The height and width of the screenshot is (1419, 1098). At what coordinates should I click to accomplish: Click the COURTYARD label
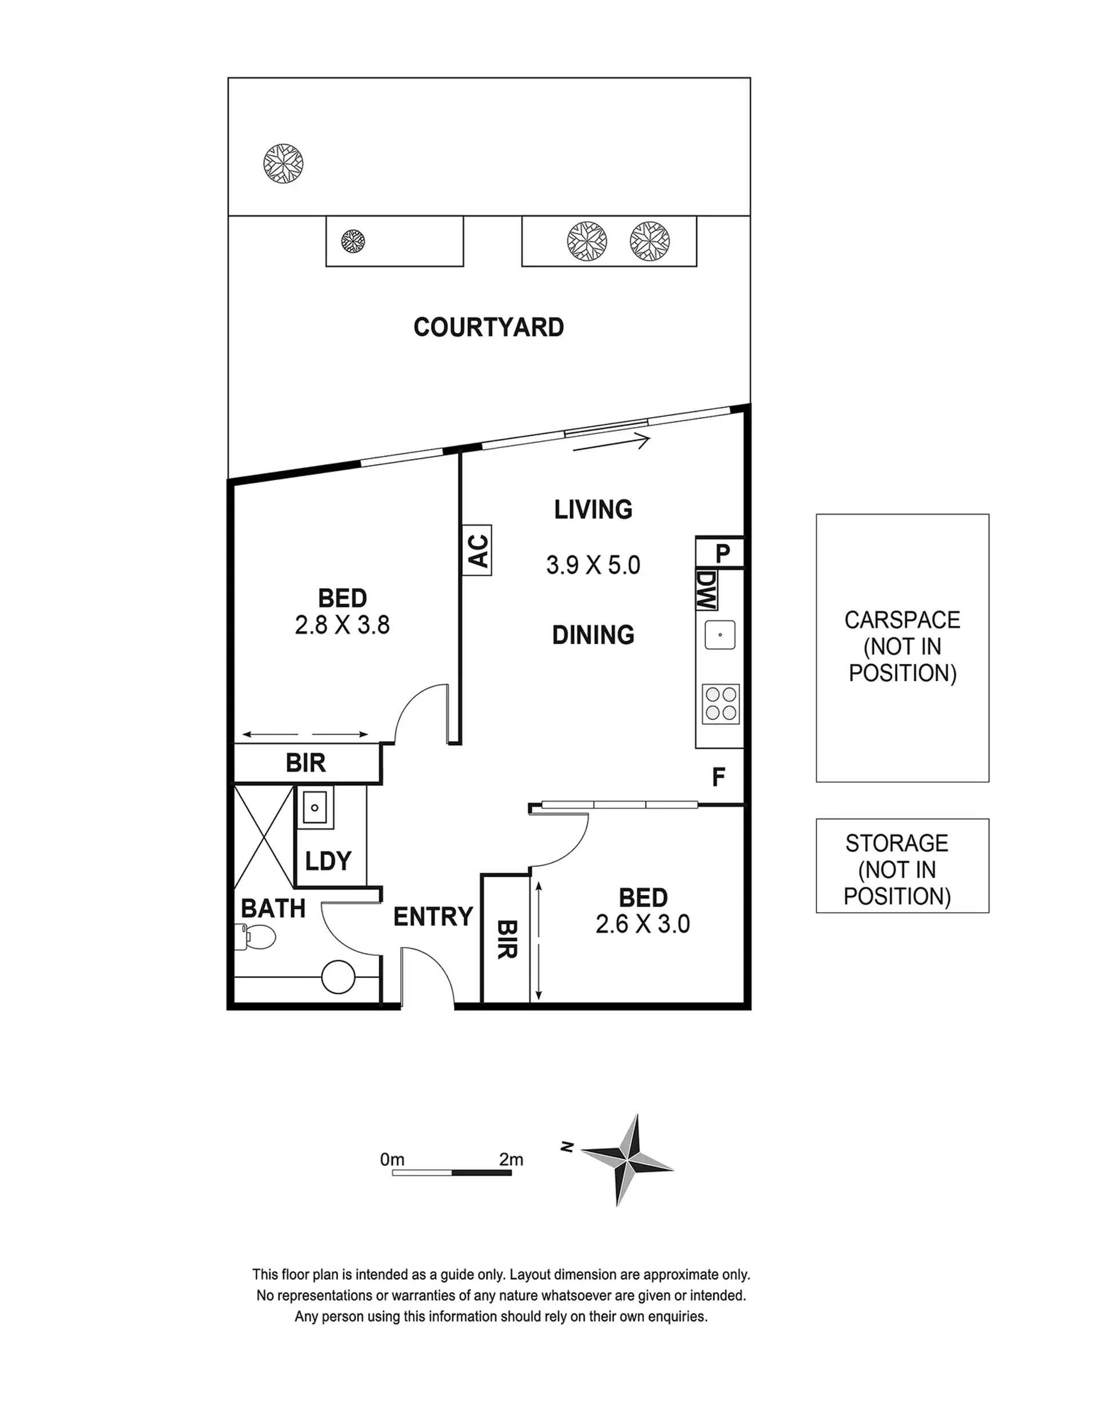[x=488, y=327]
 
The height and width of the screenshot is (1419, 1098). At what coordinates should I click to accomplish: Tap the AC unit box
[x=476, y=550]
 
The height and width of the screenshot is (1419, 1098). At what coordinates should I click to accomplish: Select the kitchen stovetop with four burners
[x=721, y=703]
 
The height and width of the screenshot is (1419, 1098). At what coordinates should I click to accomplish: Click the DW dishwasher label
[x=706, y=590]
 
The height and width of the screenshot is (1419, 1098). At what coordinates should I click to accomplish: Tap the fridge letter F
[x=718, y=777]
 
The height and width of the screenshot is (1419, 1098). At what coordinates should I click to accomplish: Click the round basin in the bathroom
[x=338, y=977]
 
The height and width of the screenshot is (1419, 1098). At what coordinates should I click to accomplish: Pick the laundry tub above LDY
[x=315, y=807]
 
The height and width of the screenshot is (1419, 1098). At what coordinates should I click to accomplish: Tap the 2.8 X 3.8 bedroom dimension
[x=342, y=625]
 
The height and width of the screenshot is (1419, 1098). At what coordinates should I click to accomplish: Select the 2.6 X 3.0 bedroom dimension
[x=642, y=924]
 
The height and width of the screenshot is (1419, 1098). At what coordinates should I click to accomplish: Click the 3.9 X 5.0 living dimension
[x=593, y=565]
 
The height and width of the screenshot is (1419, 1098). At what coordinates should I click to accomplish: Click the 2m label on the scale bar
[x=511, y=1160]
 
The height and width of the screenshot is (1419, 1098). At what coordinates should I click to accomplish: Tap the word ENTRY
[x=433, y=917]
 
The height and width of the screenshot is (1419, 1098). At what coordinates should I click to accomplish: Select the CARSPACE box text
[x=902, y=646]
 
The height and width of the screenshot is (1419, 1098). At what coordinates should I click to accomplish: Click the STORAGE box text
[x=897, y=869]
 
